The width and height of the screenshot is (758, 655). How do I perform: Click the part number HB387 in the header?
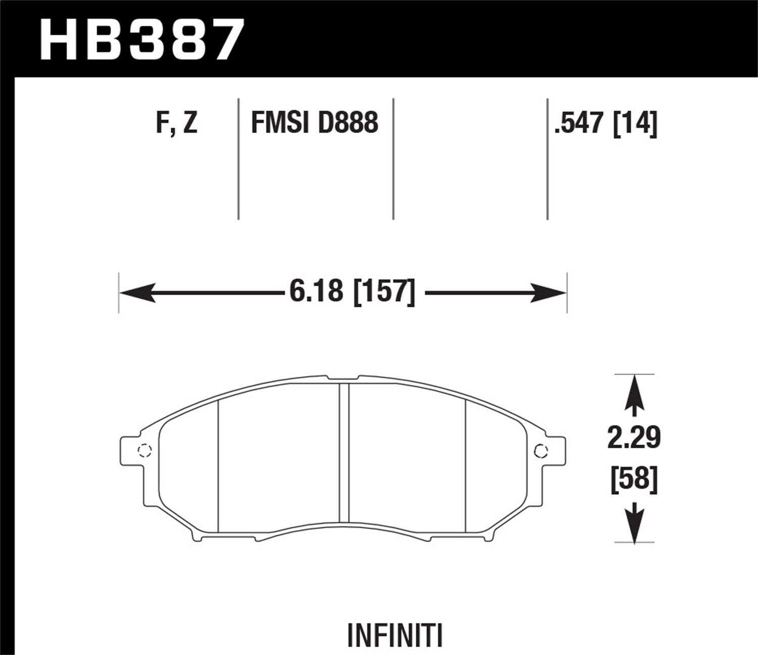click(142, 39)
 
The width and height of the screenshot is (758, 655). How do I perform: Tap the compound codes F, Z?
click(176, 123)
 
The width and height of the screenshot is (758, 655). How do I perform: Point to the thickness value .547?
click(580, 123)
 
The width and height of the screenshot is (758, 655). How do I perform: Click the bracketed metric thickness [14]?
click(635, 123)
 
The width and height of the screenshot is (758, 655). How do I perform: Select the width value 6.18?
click(316, 292)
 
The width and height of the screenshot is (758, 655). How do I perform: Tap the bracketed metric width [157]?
click(385, 292)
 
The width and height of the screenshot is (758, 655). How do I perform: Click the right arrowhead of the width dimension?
click(548, 293)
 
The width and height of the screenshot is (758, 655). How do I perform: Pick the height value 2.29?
click(634, 438)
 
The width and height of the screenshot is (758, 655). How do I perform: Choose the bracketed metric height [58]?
click(634, 478)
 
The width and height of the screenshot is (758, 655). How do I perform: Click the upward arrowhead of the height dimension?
click(634, 392)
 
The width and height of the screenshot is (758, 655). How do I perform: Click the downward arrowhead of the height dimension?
click(634, 526)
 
